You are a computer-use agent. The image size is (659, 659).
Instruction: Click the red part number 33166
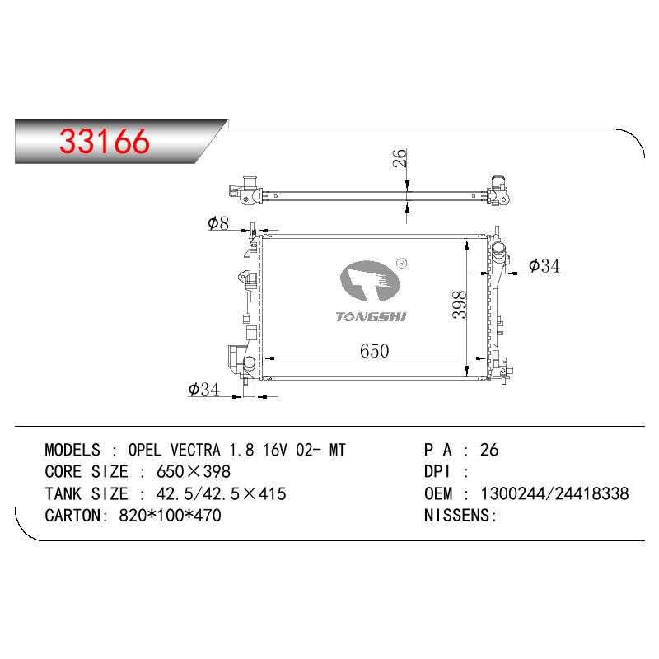[105, 141]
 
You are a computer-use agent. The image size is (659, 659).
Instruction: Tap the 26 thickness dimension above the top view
[400, 158]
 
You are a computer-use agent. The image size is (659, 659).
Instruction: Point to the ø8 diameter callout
[218, 223]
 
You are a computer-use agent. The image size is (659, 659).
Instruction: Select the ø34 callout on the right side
[544, 265]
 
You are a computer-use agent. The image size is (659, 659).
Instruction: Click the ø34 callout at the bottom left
[203, 389]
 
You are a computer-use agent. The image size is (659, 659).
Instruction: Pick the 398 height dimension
[460, 305]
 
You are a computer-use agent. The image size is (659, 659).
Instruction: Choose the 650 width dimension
[375, 351]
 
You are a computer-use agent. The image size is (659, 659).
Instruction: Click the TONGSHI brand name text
[372, 316]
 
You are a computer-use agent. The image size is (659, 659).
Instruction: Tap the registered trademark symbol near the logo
[402, 263]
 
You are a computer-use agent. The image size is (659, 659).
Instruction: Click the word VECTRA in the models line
[195, 450]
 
